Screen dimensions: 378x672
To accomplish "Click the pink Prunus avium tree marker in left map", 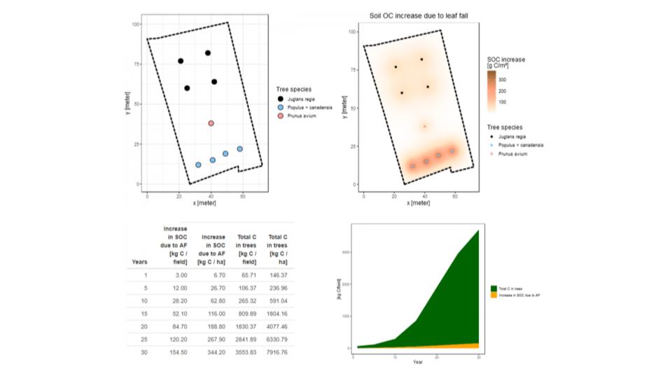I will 211,123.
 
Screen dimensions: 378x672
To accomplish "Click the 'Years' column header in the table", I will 139,262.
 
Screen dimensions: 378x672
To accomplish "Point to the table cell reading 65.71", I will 246,276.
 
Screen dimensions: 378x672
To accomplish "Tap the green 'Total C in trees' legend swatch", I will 493,288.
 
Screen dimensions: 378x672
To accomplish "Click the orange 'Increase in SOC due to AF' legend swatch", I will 493,295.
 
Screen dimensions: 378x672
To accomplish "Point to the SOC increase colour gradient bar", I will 492,89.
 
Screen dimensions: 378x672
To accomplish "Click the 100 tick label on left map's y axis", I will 136,24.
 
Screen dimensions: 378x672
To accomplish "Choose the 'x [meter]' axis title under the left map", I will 204,203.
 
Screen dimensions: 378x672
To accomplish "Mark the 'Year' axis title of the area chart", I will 417,363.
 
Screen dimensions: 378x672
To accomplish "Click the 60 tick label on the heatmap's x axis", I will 456,195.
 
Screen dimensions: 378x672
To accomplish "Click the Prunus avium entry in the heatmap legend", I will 513,153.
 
